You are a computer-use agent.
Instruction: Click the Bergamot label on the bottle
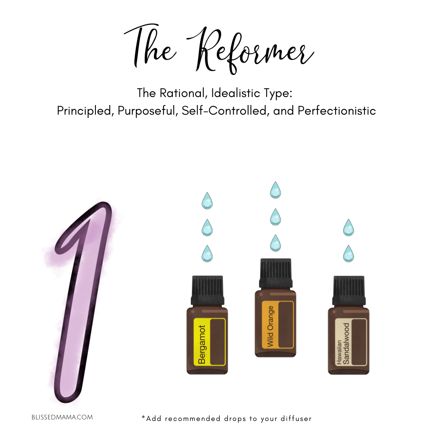pyautogui.click(x=202, y=345)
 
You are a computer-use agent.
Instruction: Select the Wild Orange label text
pyautogui.click(x=270, y=326)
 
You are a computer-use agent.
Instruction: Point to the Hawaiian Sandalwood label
pyautogui.click(x=343, y=344)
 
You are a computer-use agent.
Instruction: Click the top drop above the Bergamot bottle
pyautogui.click(x=207, y=201)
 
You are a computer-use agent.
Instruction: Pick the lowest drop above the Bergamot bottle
pyautogui.click(x=207, y=253)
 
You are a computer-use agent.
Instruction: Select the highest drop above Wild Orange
pyautogui.click(x=275, y=190)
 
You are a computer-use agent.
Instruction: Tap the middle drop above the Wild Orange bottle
pyautogui.click(x=275, y=217)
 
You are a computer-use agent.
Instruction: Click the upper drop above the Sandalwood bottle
pyautogui.click(x=348, y=228)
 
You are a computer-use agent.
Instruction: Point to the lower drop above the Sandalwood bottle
pyautogui.click(x=348, y=253)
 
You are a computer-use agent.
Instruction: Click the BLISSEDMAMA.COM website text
pyautogui.click(x=62, y=417)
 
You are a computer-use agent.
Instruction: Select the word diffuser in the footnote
pyautogui.click(x=296, y=419)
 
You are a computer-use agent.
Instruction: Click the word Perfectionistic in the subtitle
pyautogui.click(x=337, y=111)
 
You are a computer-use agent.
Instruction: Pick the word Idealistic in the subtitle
pyautogui.click(x=236, y=93)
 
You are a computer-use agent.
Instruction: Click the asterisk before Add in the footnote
pyautogui.click(x=143, y=417)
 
